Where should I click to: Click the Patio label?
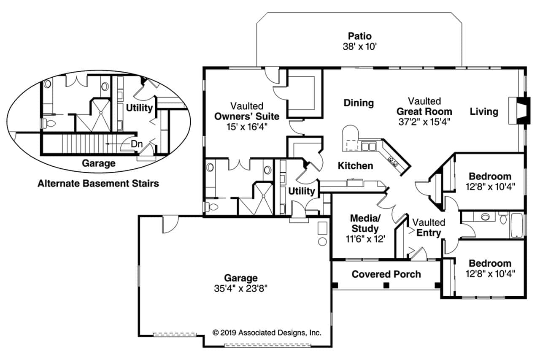coord(360,36)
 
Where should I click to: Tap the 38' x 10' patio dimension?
coord(359,46)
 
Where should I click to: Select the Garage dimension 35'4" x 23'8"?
coord(241,289)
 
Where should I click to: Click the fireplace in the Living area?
coord(519,111)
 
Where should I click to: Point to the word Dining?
coord(359,103)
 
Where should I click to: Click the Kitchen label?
coord(355,166)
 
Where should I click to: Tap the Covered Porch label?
coord(386,274)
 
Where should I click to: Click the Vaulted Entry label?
coord(429,227)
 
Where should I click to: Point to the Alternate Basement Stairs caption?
coord(98,184)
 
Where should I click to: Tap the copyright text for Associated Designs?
coord(267,333)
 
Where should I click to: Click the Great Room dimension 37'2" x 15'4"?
coord(424,122)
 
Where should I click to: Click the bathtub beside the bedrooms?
coord(517,225)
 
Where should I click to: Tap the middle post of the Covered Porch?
coord(386,286)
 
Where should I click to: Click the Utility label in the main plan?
coord(301,191)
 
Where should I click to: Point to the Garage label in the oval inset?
coord(98,163)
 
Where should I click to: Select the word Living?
coord(484,112)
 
